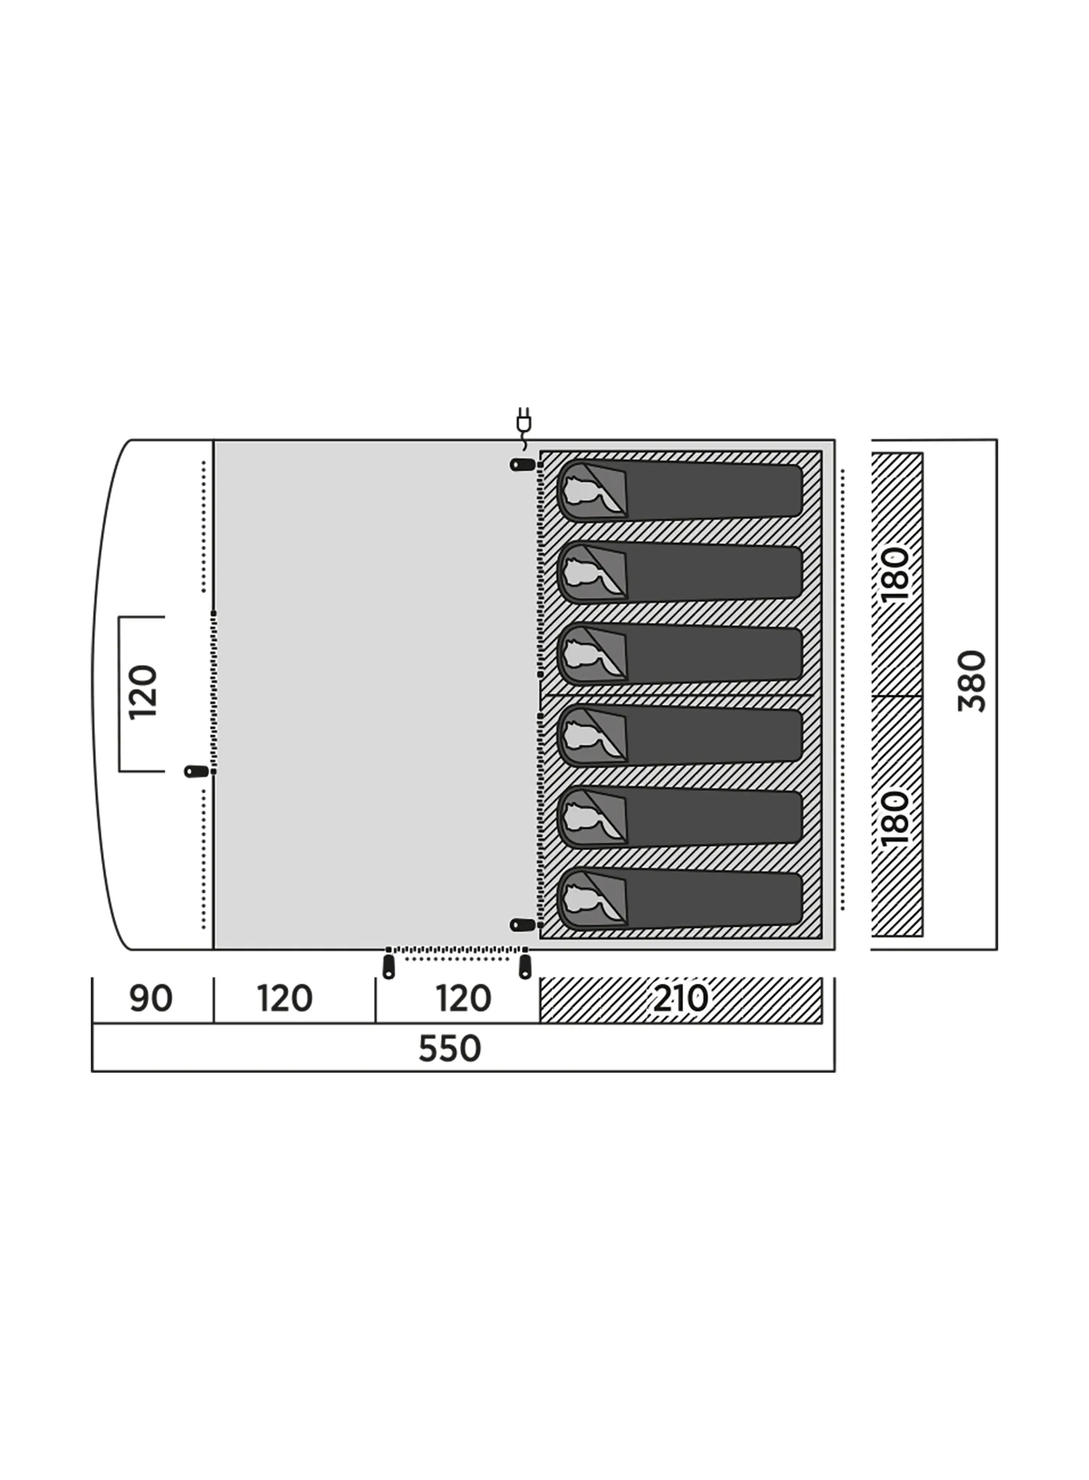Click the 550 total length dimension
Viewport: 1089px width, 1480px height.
[x=450, y=1049]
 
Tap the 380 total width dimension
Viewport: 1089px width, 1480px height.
[x=973, y=681]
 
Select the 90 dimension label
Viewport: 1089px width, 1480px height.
[x=151, y=999]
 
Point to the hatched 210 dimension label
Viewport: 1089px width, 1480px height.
[x=680, y=999]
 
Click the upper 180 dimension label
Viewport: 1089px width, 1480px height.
[x=895, y=574]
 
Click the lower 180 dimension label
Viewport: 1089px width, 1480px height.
[x=895, y=818]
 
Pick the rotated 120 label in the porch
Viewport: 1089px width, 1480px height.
[x=143, y=692]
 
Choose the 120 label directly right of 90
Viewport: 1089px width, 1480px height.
[x=285, y=999]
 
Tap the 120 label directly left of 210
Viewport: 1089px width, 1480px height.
[x=464, y=999]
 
